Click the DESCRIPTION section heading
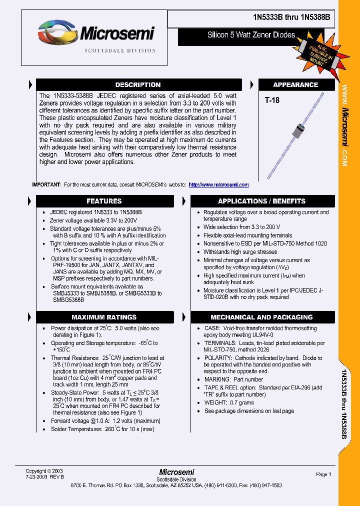pos(138,85)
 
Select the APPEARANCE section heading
pos(295,85)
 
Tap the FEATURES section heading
pos(104,201)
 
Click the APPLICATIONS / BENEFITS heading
pos(261,201)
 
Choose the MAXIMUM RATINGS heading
pos(104,317)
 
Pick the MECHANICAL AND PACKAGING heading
pos(261,317)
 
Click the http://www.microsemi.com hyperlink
pos(218,185)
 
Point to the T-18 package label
pos(272,100)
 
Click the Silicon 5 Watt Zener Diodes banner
pos(251,35)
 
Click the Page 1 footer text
pos(323,474)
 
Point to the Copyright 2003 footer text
pos(44,471)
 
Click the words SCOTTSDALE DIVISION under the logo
pos(119,51)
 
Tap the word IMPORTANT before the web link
pos(46,185)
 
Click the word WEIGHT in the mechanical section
pos(215,402)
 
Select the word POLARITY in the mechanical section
pos(217,358)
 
